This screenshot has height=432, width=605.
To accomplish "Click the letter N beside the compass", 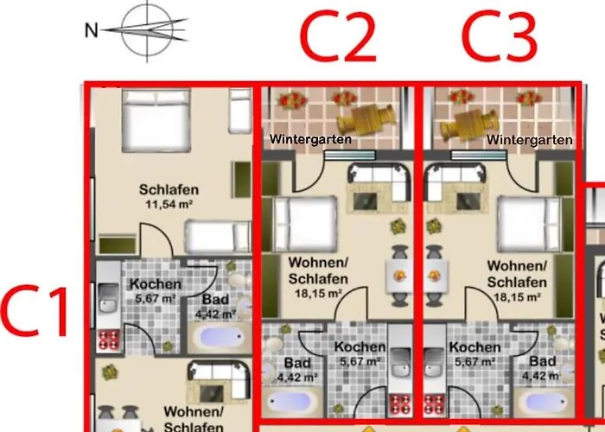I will pos(91,30).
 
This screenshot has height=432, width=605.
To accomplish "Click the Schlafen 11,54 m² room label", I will pos(169,197).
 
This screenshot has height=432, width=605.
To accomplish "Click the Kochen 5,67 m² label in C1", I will pos(156,291).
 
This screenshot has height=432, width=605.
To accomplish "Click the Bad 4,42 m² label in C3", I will pos(542,368).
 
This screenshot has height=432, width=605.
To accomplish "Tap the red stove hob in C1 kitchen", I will pos(108,340).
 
